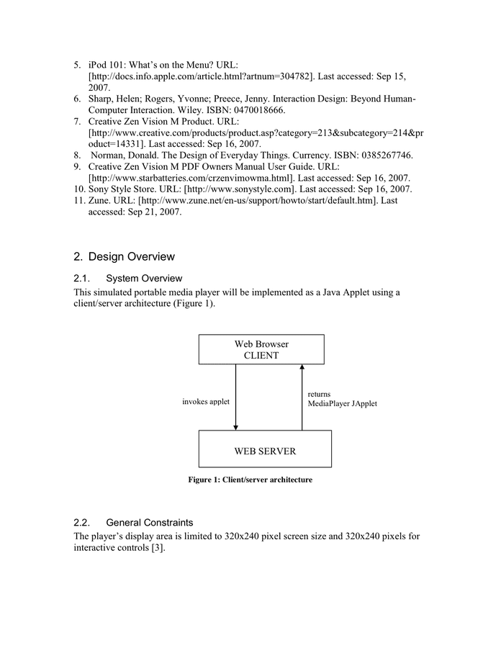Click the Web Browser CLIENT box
coord(261,349)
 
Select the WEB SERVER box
coord(264,451)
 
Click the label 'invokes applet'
coord(206,401)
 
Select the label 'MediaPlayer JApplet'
coord(342,404)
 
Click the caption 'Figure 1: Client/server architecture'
coord(250,480)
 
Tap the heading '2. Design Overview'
coord(124,256)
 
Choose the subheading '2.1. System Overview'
coord(127,279)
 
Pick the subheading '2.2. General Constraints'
coord(132,522)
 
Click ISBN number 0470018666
coord(253,110)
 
